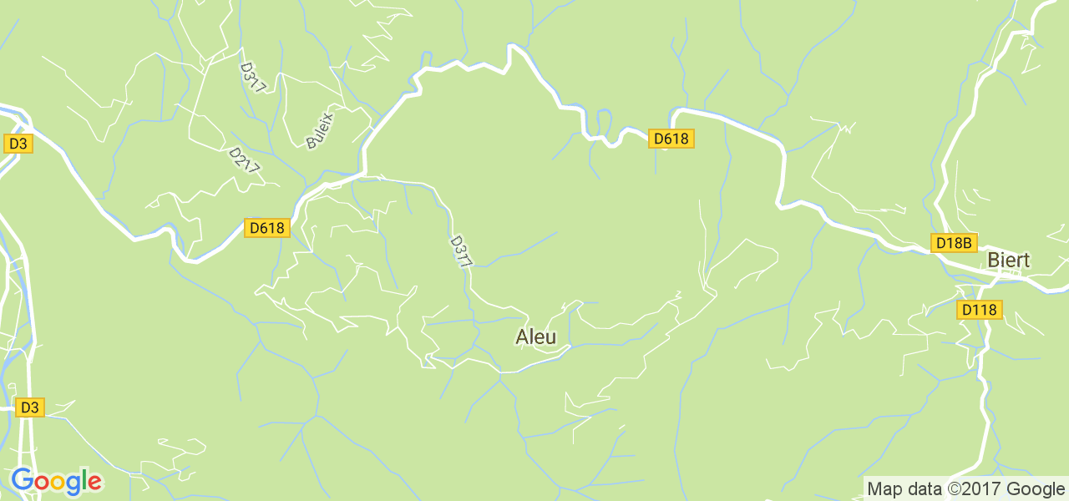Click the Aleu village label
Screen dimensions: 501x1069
coord(535,337)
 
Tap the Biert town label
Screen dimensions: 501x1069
coord(1008,260)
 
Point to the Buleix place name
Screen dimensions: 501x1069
coord(320,131)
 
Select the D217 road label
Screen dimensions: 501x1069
coord(245,161)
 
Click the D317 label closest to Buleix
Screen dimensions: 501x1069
coord(252,77)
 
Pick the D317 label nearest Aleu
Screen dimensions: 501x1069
coord(461,251)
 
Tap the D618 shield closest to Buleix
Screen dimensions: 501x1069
coord(266,228)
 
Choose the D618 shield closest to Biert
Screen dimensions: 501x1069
coord(671,139)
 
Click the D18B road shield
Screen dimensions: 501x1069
coord(954,243)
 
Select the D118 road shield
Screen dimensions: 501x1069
coord(979,310)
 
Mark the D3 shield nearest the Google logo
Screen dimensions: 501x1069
coord(29,407)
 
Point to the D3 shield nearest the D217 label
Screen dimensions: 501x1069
coord(18,144)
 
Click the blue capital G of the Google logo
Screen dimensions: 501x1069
coord(22,480)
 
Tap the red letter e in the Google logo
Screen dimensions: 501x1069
coord(94,482)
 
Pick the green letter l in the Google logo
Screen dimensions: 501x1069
coord(84,479)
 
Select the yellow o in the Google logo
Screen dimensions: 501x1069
coord(56,482)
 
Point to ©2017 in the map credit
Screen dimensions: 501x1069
coord(972,488)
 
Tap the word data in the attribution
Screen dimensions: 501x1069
coord(924,488)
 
